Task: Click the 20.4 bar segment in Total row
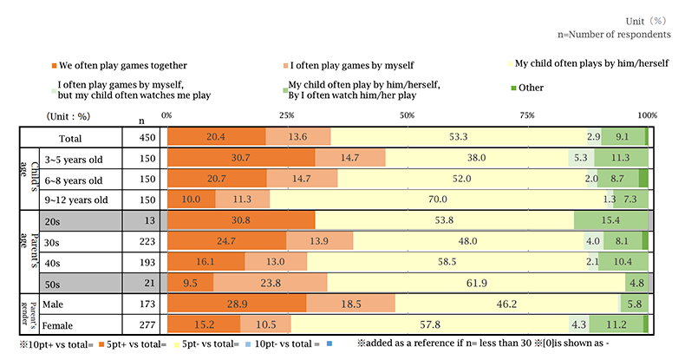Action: tap(216, 137)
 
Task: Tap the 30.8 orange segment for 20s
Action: tap(240, 220)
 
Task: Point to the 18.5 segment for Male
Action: tap(350, 303)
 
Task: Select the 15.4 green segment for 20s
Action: tap(610, 220)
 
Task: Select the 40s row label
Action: tap(54, 261)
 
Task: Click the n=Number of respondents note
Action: tap(614, 35)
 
